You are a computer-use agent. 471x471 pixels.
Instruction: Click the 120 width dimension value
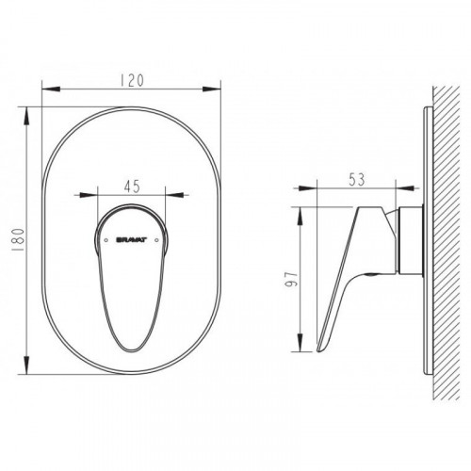coord(132,80)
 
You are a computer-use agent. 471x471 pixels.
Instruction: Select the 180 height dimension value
coord(19,240)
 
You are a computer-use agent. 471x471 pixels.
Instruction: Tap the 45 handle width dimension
coord(132,187)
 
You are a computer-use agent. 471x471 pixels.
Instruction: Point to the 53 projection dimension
coord(357,180)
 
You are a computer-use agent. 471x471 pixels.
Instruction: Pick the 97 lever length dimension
coord(291,279)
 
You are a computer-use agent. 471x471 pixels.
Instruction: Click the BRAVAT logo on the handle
coord(132,240)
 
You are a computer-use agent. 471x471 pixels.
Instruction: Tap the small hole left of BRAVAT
coord(106,240)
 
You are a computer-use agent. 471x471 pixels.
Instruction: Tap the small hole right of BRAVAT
coord(157,240)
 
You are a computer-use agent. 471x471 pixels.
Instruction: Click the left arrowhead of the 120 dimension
coord(51,89)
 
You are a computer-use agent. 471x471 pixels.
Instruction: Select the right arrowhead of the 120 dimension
coord(212,89)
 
